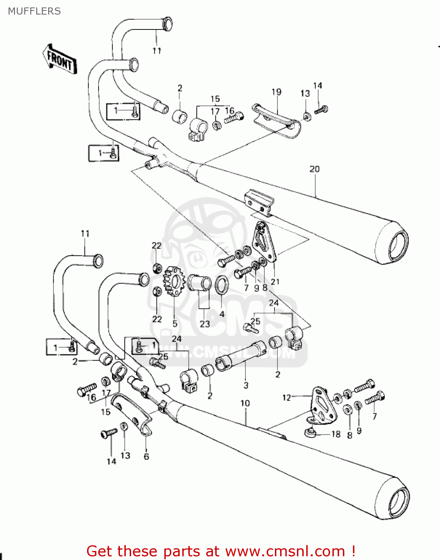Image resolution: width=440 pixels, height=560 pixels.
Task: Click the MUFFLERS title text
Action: [x=34, y=11]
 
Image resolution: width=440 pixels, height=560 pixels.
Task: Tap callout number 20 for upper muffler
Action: [x=314, y=169]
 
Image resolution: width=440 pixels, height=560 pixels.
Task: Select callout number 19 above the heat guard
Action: [x=276, y=92]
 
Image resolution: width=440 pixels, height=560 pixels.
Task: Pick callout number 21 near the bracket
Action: [x=275, y=281]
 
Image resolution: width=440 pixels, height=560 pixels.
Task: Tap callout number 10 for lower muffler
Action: [x=245, y=403]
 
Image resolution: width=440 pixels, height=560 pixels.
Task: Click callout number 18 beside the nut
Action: [x=336, y=434]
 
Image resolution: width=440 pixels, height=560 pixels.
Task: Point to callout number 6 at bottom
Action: [x=146, y=456]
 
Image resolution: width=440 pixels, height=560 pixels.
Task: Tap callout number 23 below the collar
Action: [x=205, y=324]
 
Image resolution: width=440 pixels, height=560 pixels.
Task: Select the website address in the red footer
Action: [x=285, y=551]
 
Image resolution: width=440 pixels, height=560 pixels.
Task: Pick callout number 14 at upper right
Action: [x=317, y=85]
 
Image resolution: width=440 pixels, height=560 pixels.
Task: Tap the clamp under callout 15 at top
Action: [x=196, y=129]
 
